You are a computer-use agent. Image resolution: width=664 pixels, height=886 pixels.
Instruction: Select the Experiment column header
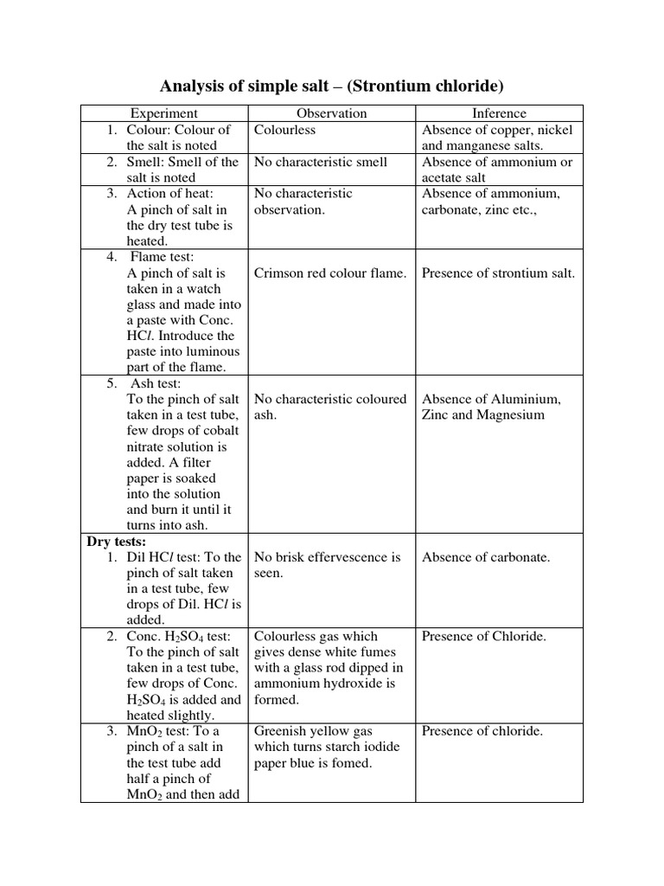163,113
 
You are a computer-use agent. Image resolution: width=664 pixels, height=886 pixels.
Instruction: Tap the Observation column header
331,113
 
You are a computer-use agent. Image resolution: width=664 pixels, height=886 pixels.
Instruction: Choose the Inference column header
499,113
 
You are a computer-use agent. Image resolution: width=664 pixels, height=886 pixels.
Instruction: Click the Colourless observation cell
284,130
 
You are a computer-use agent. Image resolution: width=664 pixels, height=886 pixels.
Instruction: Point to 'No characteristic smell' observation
321,162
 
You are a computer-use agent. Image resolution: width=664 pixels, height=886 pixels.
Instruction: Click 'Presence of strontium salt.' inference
498,273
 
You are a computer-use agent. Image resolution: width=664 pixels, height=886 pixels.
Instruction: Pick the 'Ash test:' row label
160,383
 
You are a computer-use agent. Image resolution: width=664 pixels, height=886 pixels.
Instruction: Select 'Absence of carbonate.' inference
486,557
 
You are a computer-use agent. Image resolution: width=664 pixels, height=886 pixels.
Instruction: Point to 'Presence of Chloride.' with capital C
484,637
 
